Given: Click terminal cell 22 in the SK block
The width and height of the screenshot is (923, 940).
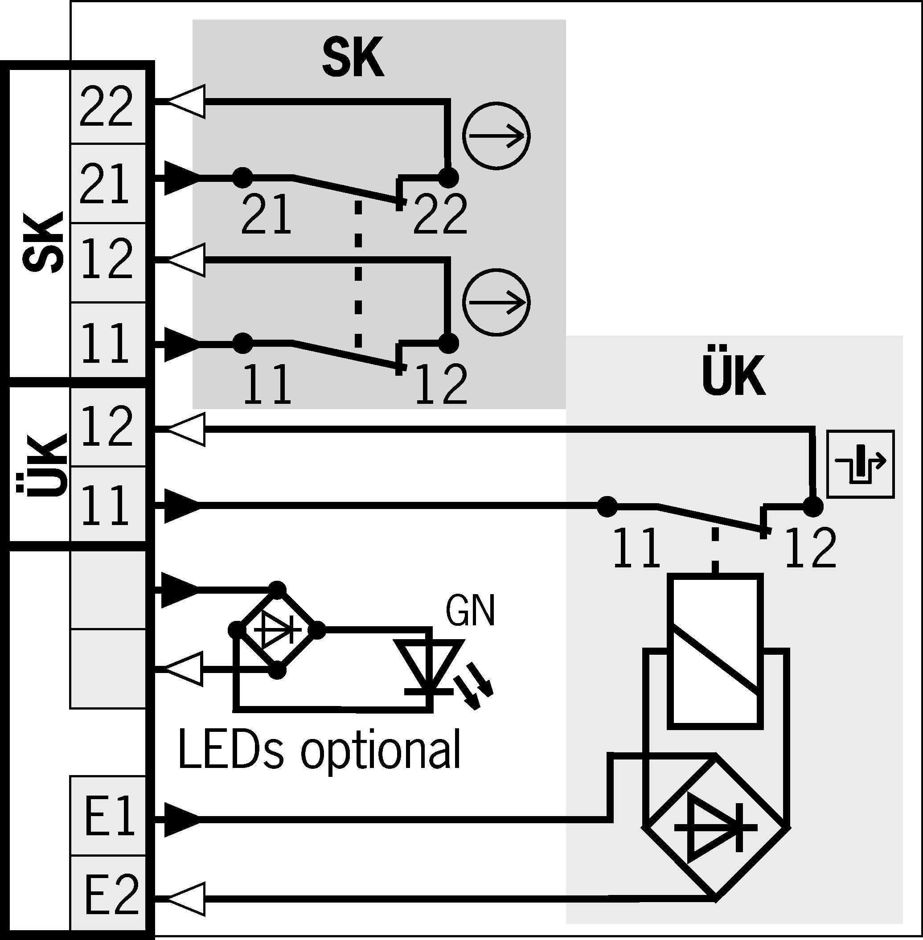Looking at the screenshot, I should click(x=107, y=106).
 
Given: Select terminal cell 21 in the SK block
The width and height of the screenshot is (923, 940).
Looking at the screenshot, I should click(x=107, y=183).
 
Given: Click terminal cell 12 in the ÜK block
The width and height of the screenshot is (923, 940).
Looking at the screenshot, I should click(x=107, y=427).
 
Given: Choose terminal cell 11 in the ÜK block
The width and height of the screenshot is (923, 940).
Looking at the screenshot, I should click(x=107, y=505).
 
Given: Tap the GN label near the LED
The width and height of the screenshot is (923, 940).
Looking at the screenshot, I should click(x=470, y=611).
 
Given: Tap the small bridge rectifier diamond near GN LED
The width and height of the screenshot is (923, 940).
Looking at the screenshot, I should click(x=277, y=630).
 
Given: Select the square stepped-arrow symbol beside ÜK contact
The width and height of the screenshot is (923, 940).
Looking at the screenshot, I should click(x=860, y=464).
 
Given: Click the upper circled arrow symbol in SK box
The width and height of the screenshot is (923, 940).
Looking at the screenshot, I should click(x=496, y=136).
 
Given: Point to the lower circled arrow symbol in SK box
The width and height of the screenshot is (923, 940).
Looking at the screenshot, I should click(x=496, y=302).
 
